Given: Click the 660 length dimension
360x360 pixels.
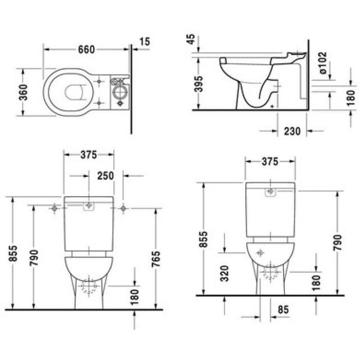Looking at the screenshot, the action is coord(86,49).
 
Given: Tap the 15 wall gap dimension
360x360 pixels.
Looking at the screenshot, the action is coord(144,41).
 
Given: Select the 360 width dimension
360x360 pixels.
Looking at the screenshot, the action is coord(23,92).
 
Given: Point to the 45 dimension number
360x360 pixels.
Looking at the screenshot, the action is coord(191,39).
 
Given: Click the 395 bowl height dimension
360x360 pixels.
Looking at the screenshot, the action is coord(199,84).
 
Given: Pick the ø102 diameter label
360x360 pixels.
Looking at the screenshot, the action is coord(323,63).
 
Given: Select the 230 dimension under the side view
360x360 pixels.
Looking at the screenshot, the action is coord(292,131).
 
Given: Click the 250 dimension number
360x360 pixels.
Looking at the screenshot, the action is coord(106,176).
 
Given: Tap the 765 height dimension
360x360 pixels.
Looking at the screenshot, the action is coord(156,259).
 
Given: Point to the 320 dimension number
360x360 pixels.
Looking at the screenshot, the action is coord(225,274).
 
